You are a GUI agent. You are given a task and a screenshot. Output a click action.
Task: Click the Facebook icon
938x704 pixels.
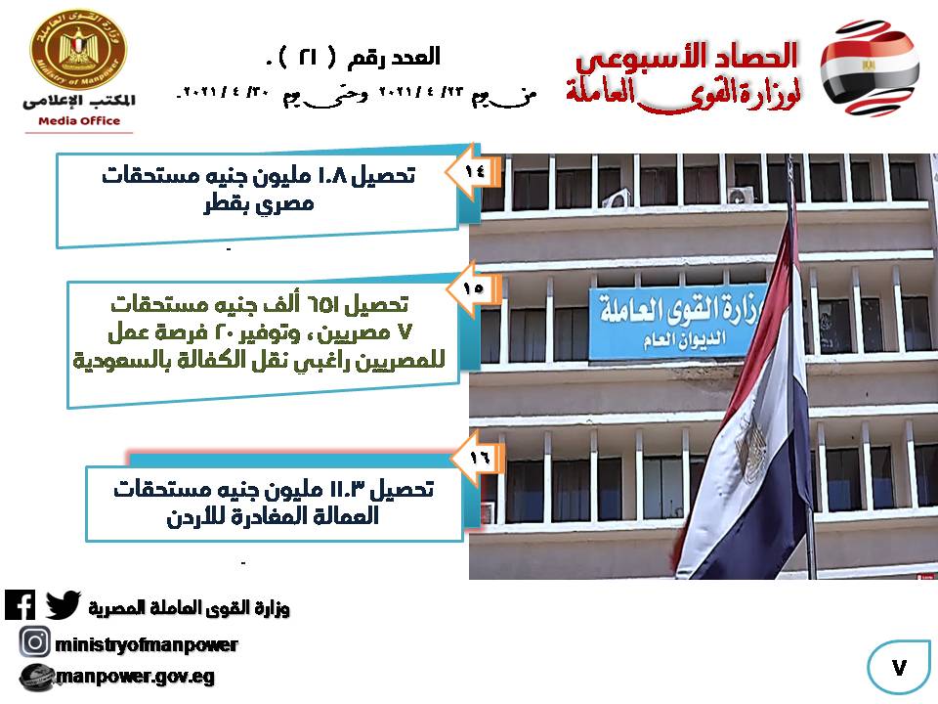click(x=20, y=604)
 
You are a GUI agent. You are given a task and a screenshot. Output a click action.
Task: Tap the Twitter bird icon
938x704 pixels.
click(x=63, y=604)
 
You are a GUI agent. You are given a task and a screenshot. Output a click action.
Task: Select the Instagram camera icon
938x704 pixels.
click(x=35, y=642)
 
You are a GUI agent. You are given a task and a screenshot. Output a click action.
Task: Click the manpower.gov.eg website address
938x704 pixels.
click(x=135, y=677)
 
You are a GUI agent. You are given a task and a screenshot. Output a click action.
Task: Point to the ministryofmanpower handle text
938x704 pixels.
click(x=146, y=644)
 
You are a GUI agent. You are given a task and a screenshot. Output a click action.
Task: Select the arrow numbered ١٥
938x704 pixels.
click(x=473, y=288)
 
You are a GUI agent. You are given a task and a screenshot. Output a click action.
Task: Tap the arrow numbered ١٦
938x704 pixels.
click(x=478, y=458)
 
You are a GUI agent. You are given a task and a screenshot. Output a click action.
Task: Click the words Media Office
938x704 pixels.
click(x=79, y=121)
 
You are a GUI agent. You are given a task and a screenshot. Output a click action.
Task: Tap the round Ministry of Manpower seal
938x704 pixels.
click(x=78, y=49)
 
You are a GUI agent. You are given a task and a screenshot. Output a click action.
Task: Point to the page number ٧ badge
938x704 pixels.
click(x=899, y=667)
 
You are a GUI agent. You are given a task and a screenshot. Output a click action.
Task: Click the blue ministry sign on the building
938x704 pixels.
click(x=676, y=324)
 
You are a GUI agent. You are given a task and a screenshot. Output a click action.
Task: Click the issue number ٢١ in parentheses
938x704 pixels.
click(x=308, y=57)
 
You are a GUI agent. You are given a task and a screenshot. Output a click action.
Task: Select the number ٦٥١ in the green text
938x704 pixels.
click(x=323, y=305)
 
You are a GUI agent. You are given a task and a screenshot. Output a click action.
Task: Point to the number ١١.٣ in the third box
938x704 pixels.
click(x=347, y=490)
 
